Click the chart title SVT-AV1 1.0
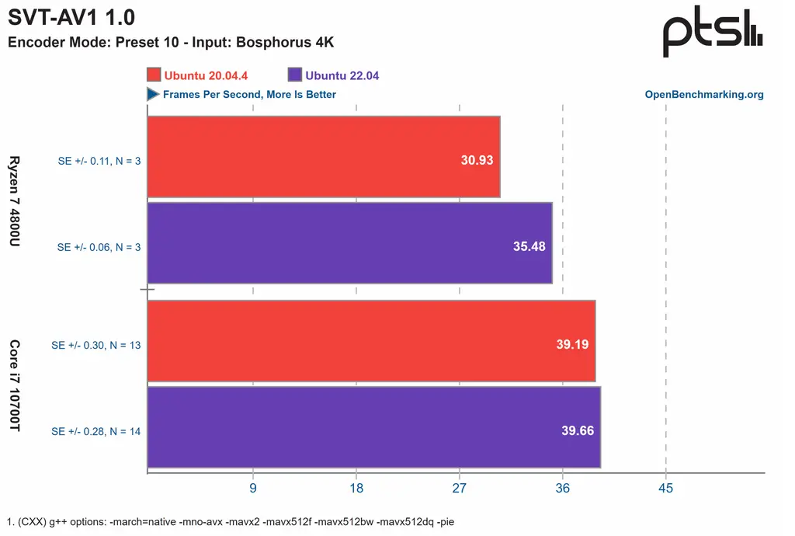point(71,19)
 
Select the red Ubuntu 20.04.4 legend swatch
point(153,75)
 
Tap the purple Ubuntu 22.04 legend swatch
point(294,75)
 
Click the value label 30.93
point(477,160)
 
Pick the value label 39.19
point(572,344)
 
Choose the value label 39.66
point(578,430)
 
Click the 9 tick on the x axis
point(253,489)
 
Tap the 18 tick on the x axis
point(356,489)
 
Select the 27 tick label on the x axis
point(460,489)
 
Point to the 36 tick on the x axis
point(563,489)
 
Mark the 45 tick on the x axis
point(665,489)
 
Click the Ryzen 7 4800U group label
point(16,202)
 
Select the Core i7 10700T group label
point(16,386)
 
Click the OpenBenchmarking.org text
point(704,95)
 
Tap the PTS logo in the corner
point(712,35)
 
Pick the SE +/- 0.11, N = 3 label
point(99,161)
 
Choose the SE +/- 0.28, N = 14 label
point(95,431)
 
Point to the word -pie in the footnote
point(445,522)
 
